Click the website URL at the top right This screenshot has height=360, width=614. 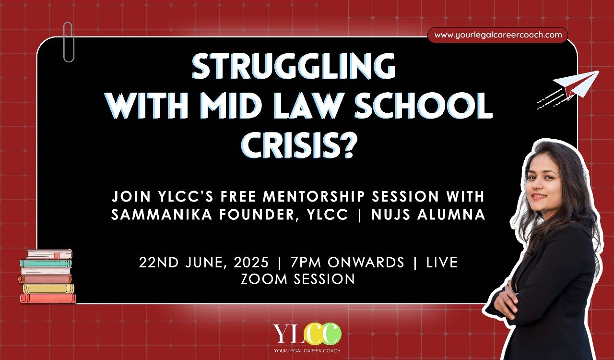498,35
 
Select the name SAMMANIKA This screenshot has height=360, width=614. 162,215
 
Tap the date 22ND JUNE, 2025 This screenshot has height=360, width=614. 204,263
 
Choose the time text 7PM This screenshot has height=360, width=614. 306,262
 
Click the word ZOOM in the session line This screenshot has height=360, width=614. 264,279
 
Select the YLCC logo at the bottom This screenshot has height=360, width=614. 307,334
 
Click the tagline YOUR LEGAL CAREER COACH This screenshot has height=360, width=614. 307,351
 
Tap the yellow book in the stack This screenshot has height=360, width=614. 48,288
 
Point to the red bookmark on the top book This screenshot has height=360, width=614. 57,256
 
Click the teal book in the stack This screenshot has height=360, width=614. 46,263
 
